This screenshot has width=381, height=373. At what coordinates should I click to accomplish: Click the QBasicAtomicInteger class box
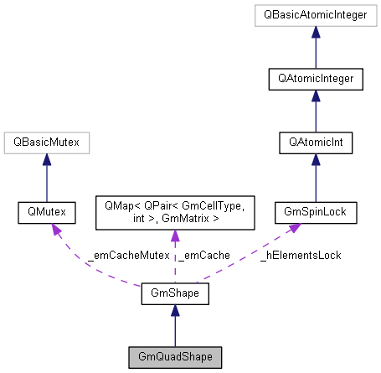pos(316,15)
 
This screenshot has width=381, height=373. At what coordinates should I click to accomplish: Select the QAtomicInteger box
pos(316,80)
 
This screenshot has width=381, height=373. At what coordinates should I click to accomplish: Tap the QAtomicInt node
pos(316,143)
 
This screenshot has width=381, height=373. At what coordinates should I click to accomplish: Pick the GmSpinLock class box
pos(316,214)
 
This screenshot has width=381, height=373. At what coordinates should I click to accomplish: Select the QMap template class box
pos(173,214)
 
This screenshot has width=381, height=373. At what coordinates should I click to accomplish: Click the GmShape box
pos(173,294)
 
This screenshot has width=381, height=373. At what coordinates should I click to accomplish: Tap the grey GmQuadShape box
pos(173,358)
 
